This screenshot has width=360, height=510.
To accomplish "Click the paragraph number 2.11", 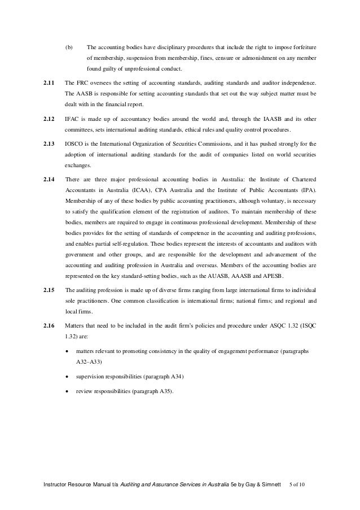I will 49,84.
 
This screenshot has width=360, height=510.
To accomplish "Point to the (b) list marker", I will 69,47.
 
